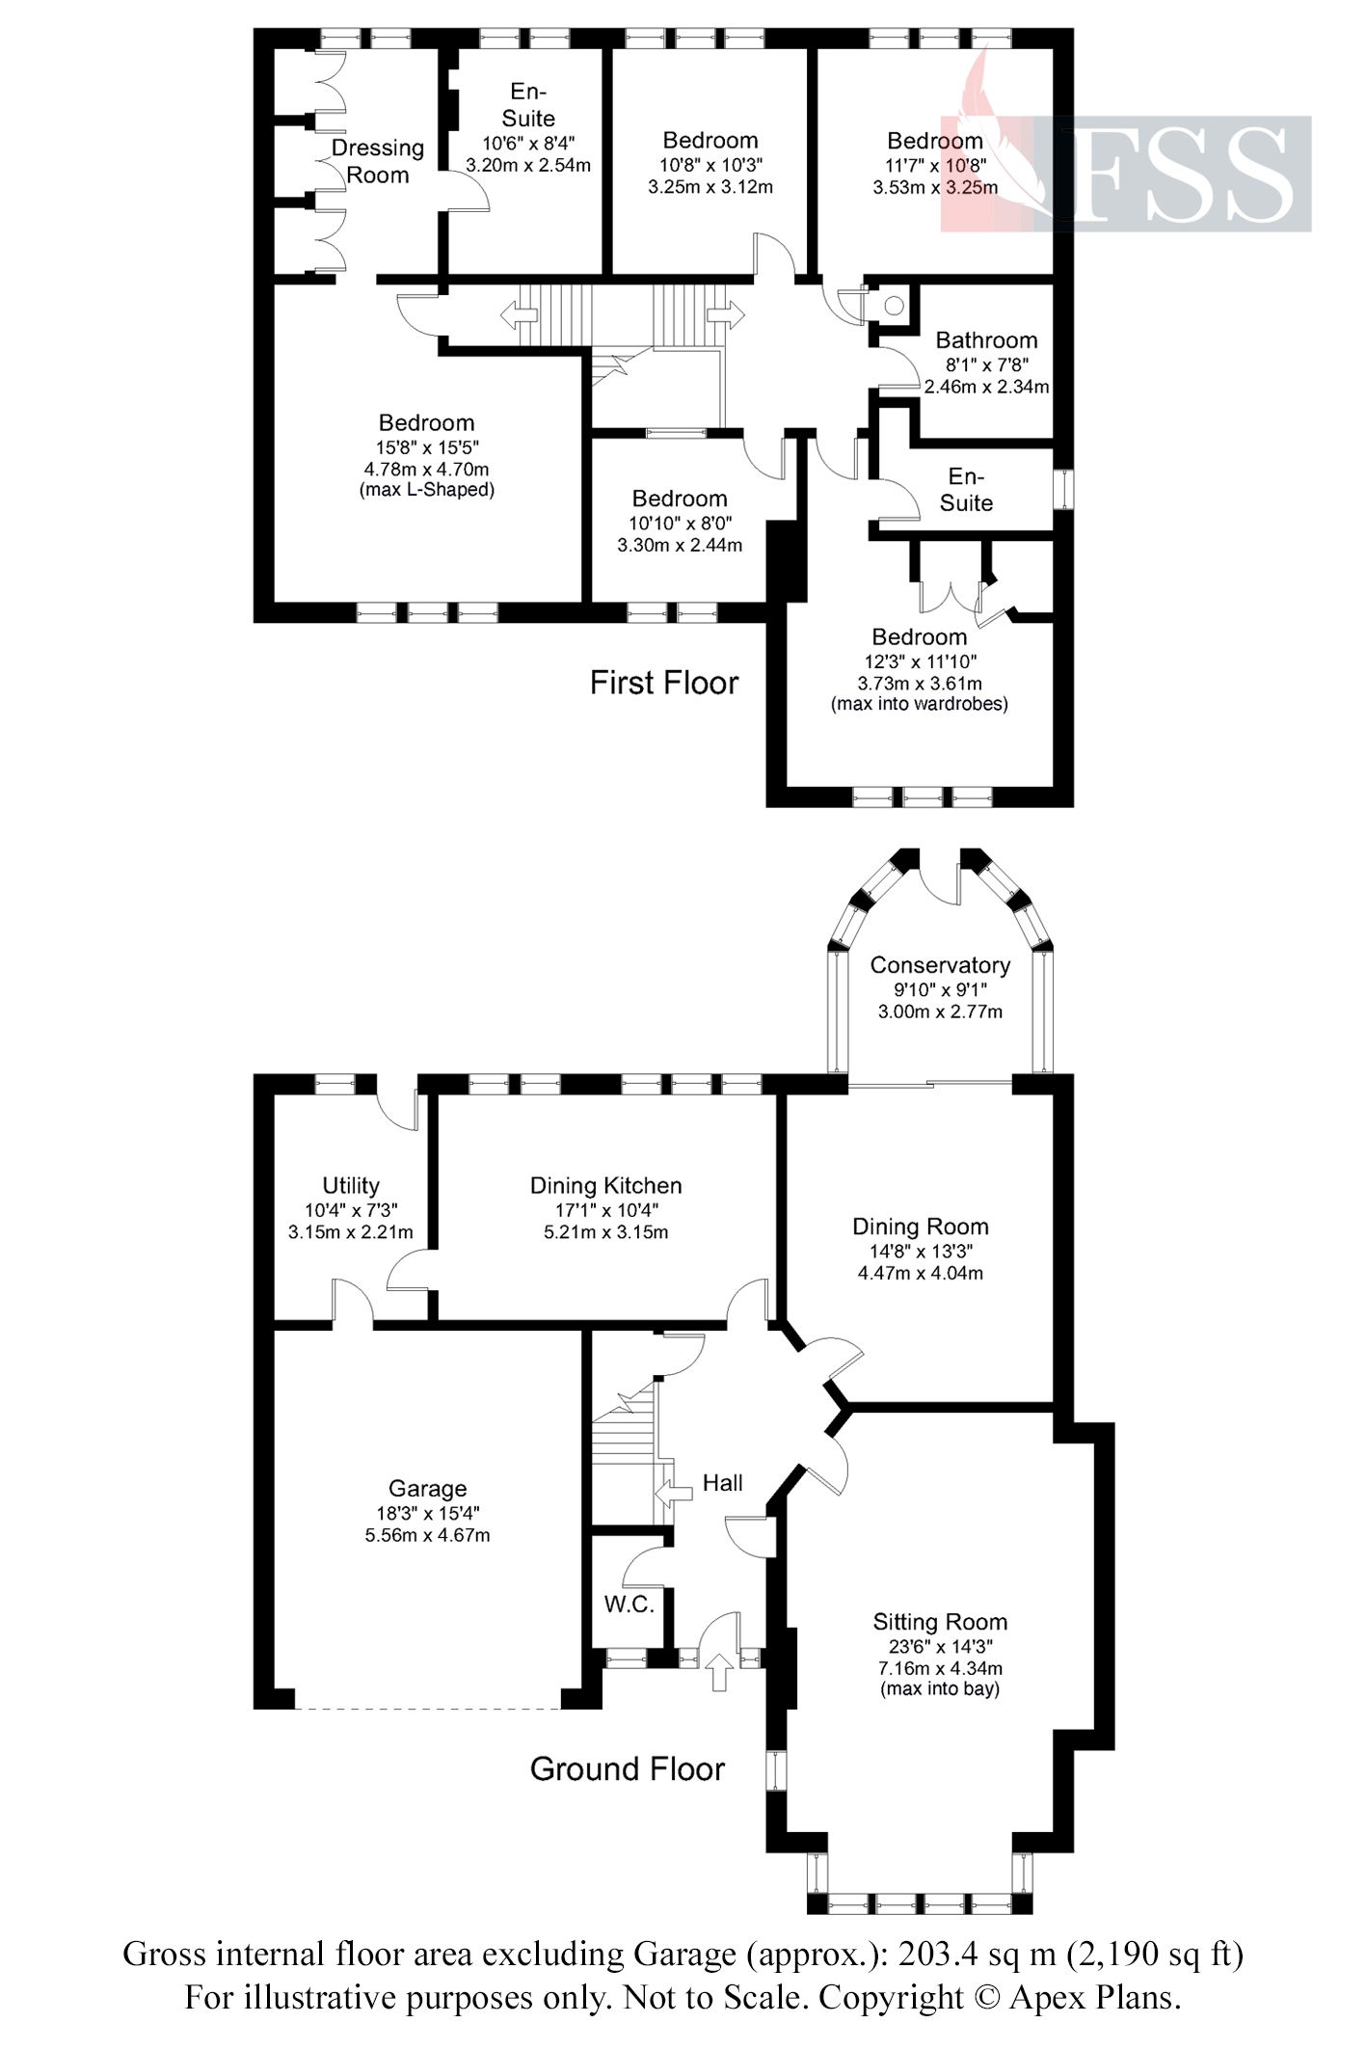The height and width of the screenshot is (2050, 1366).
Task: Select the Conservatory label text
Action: [x=939, y=965]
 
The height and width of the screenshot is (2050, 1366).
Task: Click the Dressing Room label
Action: [x=378, y=161]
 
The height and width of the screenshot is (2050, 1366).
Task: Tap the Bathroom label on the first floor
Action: [x=986, y=340]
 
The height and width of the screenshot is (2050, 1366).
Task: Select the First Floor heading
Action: [x=663, y=684]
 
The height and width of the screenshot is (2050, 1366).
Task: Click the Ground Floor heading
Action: [x=627, y=1768]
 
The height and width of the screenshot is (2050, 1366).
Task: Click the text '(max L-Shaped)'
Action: [x=426, y=490]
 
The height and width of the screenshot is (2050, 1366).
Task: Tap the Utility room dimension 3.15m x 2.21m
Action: [x=350, y=1232]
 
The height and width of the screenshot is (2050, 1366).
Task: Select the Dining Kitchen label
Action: [x=605, y=1186]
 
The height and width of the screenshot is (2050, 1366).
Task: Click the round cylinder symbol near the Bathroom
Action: [x=893, y=306]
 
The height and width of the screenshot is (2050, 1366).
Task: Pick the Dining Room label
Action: [x=920, y=1227]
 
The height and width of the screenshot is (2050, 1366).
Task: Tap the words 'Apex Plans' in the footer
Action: [x=1094, y=1996]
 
